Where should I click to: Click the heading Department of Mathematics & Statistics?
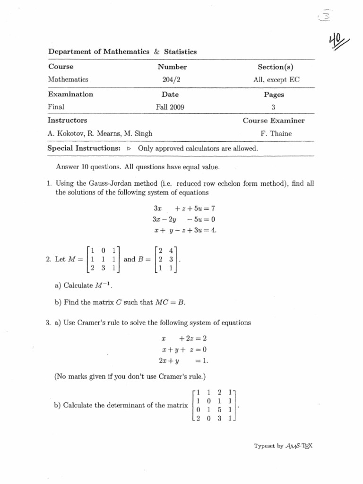(x=122, y=52)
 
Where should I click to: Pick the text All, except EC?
(x=276, y=80)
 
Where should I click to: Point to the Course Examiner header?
(x=274, y=121)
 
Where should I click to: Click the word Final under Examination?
(x=56, y=107)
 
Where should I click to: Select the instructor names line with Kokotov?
(x=99, y=134)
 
